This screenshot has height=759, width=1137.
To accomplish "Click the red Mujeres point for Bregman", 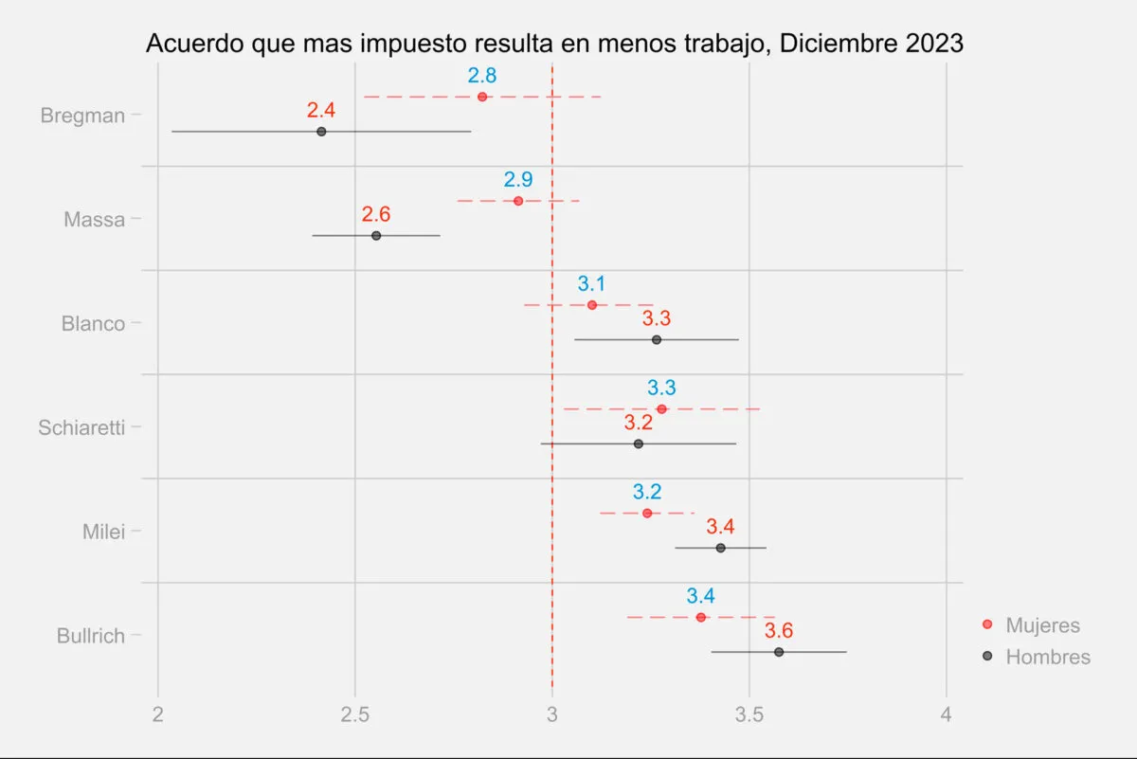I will (482, 97).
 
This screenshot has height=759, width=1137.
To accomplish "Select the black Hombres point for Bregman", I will (321, 132).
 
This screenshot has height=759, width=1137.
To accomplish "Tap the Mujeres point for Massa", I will (518, 201).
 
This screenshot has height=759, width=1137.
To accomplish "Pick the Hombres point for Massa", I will (376, 235).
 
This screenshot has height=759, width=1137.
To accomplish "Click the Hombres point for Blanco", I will (656, 339).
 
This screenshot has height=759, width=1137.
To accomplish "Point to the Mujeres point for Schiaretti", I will (661, 409).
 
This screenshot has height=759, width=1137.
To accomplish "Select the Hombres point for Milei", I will (720, 548).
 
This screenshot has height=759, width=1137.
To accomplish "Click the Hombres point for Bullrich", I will (779, 652).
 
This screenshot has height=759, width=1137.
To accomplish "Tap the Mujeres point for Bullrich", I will (700, 618).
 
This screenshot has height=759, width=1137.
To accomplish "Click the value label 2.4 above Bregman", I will (321, 110).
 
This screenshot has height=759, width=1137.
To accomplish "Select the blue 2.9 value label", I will (518, 179).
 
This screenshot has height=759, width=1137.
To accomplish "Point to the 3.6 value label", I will (779, 631).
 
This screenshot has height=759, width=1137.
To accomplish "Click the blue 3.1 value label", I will (591, 283).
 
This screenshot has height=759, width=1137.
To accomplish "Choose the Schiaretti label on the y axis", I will (81, 427).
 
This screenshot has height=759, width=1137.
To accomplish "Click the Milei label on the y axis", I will (103, 532).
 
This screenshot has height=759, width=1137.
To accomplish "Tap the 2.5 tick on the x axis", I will (355, 714).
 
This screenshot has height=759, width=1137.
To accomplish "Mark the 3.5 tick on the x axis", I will (749, 714).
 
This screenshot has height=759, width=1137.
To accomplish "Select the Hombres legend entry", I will (1047, 657).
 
